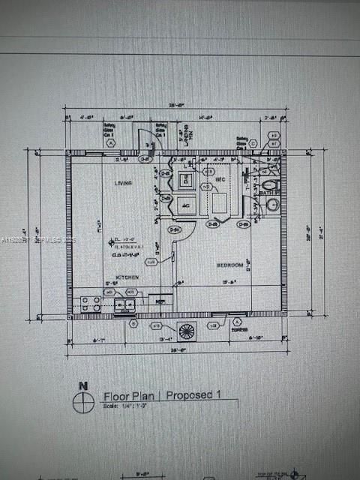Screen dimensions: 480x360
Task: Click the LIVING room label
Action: tap(123, 183)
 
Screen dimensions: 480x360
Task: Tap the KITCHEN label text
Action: tap(127, 277)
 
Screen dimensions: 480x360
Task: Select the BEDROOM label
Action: tap(229, 265)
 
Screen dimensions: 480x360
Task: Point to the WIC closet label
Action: tap(220, 180)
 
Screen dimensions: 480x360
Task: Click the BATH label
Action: tap(271, 193)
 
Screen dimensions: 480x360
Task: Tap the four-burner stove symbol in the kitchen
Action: tap(91, 304)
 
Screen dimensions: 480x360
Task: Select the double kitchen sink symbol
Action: tap(124, 304)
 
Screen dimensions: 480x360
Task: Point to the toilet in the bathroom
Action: tap(271, 184)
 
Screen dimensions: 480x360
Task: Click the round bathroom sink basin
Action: tap(272, 205)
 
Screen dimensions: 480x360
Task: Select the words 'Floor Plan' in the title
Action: tap(130, 394)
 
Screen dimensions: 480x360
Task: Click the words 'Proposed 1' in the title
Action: tap(193, 394)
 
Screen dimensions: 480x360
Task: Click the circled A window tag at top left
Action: tap(111, 142)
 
